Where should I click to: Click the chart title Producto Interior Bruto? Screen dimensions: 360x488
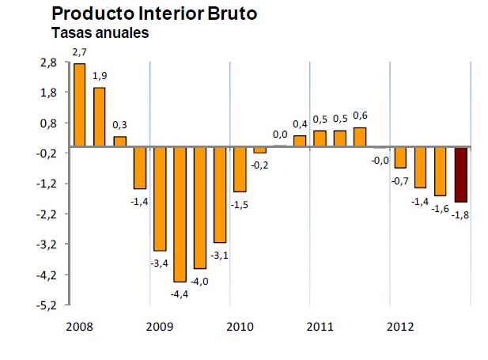pyautogui.click(x=153, y=14)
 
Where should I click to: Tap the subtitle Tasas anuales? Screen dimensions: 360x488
pyautogui.click(x=100, y=33)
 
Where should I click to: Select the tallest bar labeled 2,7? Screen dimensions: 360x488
pyautogui.click(x=80, y=104)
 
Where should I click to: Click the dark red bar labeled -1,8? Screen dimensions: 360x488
pyautogui.click(x=460, y=175)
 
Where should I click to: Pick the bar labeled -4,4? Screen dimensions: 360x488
pyautogui.click(x=180, y=214)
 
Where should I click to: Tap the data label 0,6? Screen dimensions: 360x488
pyautogui.click(x=360, y=116)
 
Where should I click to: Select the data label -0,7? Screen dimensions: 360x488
pyautogui.click(x=399, y=181)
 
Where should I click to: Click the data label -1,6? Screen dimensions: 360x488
pyautogui.click(x=440, y=208)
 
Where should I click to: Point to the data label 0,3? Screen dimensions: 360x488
pyautogui.click(x=119, y=125)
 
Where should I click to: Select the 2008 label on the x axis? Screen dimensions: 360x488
pyautogui.click(x=80, y=325)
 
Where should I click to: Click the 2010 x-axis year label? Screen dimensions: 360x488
pyautogui.click(x=240, y=325)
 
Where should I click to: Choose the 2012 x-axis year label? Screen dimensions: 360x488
pyautogui.click(x=399, y=325)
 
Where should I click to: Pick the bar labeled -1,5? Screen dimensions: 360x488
pyautogui.click(x=240, y=169)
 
